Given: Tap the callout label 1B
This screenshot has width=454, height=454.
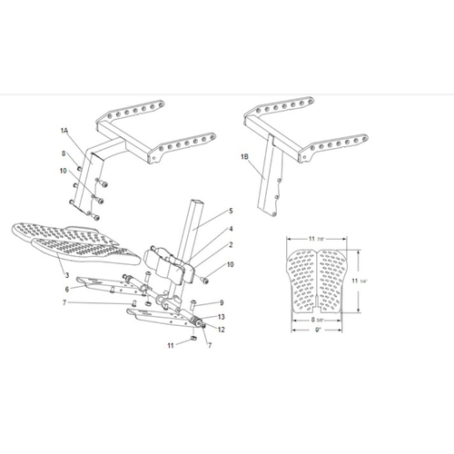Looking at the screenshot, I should (244, 157).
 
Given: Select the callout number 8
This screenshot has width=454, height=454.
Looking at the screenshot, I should (64, 154).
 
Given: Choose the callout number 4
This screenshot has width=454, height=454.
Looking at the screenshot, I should (231, 230).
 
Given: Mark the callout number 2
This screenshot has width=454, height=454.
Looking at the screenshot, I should (231, 245).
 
